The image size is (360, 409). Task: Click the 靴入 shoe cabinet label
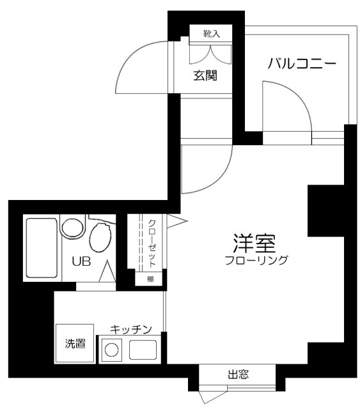tap(212, 34)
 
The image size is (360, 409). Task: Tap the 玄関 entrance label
tap(205, 75)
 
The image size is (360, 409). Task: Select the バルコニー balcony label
tap(302, 64)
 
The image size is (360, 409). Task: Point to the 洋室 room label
tap(254, 243)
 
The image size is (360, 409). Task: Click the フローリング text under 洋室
tap(256, 260)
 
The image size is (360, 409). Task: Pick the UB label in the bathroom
tap(81, 261)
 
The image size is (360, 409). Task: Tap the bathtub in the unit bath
tap(42, 248)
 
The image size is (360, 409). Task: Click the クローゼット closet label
tap(152, 243)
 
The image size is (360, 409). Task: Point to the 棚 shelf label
tap(150, 279)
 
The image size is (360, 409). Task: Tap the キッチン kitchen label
tap(131, 330)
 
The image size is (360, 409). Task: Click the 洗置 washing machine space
tap(75, 343)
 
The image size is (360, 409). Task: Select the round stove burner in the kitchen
tap(112, 350)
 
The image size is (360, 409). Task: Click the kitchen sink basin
tap(143, 350)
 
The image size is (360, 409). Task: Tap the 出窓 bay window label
tap(238, 374)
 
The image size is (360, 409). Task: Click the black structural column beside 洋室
tap(326, 211)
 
